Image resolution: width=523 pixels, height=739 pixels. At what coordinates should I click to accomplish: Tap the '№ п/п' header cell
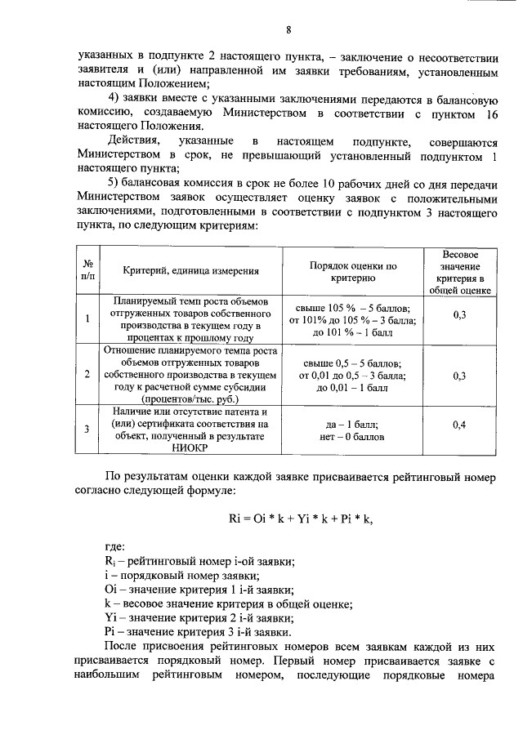(87, 271)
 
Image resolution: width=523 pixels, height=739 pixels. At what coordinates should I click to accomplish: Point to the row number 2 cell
(87, 374)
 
